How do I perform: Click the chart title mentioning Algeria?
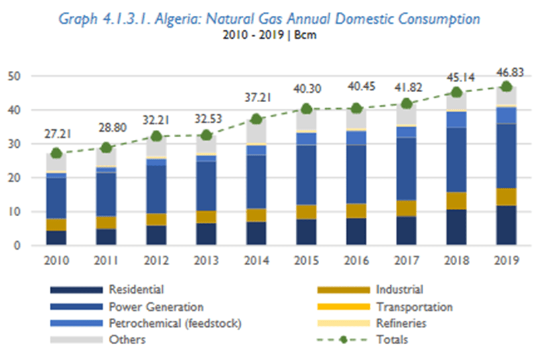[x=269, y=19]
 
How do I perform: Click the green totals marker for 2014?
[x=257, y=119]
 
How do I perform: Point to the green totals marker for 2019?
[x=506, y=86]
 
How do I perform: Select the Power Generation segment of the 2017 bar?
[x=407, y=169]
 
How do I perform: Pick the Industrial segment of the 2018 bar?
[x=456, y=201]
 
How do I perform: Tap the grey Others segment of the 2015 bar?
[x=307, y=121]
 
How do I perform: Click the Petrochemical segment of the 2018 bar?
[x=456, y=119]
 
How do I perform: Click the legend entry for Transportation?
[x=414, y=307]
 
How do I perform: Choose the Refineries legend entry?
[x=401, y=324]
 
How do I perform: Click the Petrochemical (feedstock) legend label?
[x=174, y=324]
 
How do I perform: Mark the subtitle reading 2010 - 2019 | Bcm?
[x=269, y=34]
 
